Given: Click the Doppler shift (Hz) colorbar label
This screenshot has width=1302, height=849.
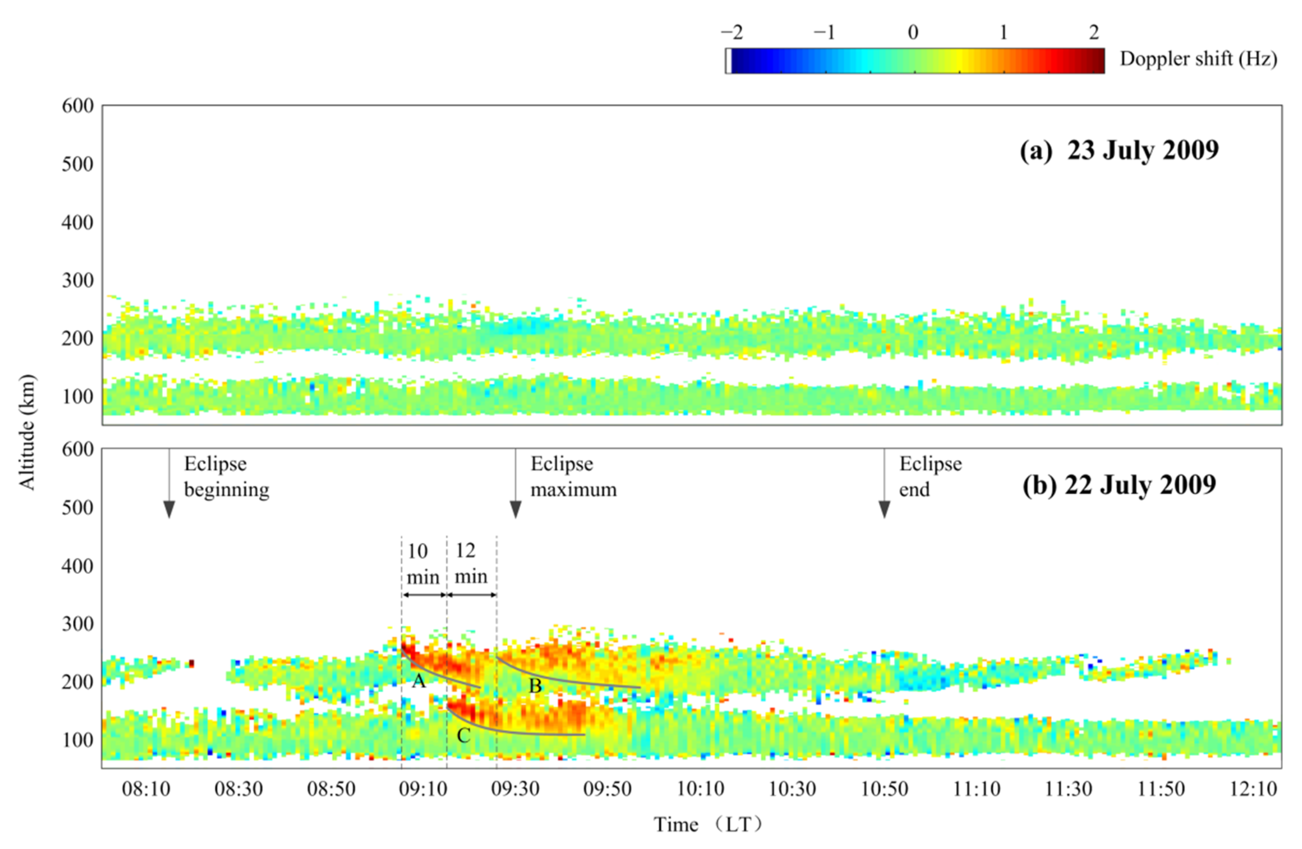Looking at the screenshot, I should [x=1198, y=59].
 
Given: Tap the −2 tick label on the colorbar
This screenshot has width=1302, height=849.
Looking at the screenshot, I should [x=732, y=33].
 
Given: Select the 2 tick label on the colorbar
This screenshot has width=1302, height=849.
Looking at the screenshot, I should [x=1094, y=33].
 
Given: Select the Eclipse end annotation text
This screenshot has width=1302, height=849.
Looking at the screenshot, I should [x=930, y=476].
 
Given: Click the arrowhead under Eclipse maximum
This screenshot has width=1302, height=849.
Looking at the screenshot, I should [x=515, y=509].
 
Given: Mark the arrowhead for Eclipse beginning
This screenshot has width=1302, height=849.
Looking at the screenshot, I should [x=169, y=509].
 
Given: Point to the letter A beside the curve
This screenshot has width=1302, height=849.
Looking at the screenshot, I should [x=418, y=681].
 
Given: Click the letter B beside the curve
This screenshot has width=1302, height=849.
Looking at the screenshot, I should [x=535, y=686].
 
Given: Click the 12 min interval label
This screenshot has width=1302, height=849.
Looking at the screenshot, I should [x=471, y=563].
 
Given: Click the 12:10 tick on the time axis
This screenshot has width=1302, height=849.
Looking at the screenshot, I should [x=1253, y=789].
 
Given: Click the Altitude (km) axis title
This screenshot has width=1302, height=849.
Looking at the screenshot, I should [x=27, y=432].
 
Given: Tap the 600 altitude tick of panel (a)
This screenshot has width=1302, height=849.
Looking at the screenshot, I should [x=78, y=106].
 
